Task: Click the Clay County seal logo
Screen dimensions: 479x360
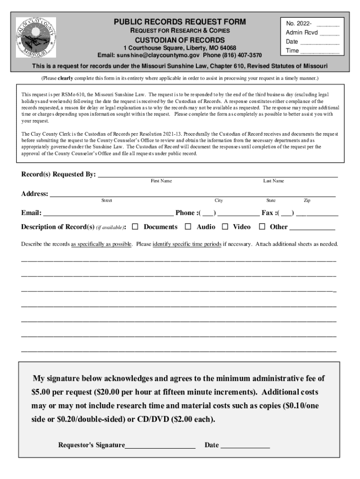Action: [x=36, y=37]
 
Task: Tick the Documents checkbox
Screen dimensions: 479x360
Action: [x=135, y=227]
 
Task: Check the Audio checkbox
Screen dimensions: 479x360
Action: [x=188, y=227]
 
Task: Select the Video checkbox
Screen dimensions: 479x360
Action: [x=225, y=227]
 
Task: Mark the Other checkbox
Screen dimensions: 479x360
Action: [x=262, y=227]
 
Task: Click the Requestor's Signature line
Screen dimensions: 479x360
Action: [x=160, y=445]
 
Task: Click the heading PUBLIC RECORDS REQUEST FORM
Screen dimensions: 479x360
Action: [x=180, y=22]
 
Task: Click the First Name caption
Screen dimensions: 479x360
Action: [x=161, y=181]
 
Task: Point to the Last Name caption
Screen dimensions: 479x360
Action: [x=273, y=181]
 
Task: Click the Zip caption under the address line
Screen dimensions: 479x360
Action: [x=307, y=201]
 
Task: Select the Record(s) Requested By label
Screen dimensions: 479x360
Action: [x=58, y=174]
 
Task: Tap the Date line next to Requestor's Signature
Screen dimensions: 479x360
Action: [x=245, y=445]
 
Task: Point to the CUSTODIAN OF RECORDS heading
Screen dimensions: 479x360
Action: [x=180, y=40]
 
